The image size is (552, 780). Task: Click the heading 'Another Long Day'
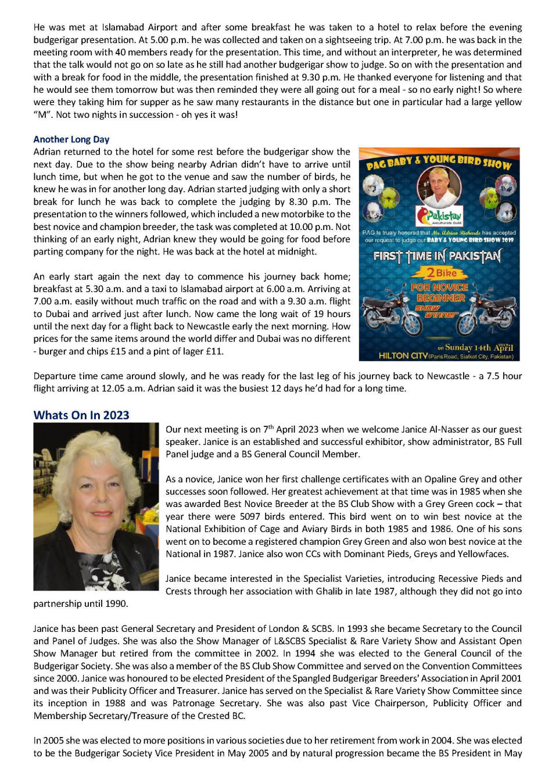tap(71, 139)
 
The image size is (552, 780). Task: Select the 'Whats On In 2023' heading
tap(81, 415)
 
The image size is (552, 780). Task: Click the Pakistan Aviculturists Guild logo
tap(440, 217)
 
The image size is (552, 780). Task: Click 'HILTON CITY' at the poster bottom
tap(404, 355)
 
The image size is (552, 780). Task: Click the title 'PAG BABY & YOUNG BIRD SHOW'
tap(439, 162)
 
